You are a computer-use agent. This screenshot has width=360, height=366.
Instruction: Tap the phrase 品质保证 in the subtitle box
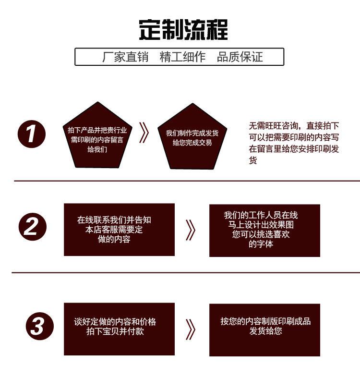point(240,57)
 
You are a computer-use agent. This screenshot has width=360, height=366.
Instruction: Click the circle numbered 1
point(32,134)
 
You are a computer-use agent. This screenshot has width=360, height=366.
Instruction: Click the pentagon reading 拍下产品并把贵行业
point(97,137)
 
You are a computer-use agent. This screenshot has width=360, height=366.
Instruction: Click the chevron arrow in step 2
point(191,230)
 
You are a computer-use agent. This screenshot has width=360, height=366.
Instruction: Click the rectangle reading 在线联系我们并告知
point(119,230)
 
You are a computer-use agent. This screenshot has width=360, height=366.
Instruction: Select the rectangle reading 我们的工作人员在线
point(264,230)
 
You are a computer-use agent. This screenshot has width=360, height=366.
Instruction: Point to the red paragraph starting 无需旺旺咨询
point(294,143)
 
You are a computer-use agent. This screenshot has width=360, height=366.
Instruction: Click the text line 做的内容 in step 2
point(114,239)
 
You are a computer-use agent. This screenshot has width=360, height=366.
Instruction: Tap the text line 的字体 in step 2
point(261,244)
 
